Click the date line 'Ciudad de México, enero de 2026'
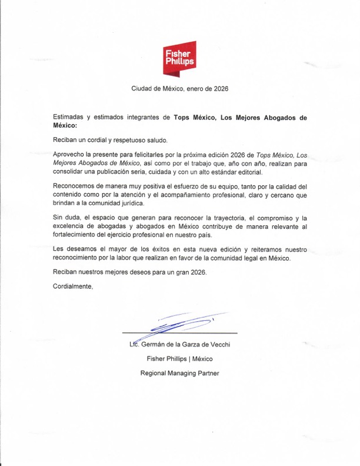179,89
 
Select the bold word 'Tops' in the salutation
182,118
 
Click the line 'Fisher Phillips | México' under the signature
179,358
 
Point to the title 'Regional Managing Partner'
179,373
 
